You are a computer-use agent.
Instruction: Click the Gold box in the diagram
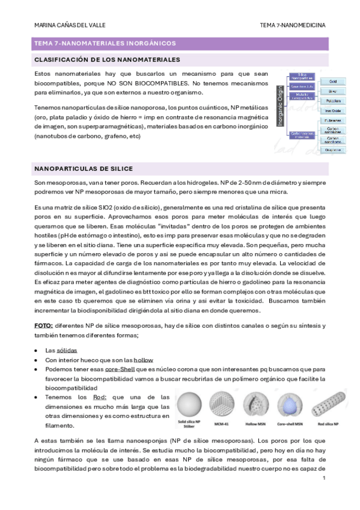pyautogui.click(x=333, y=81)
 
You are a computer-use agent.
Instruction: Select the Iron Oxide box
pyautogui.click(x=333, y=110)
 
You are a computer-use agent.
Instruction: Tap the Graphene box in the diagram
pyautogui.click(x=333, y=149)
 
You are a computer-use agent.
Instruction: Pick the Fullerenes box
pyautogui.click(x=333, y=120)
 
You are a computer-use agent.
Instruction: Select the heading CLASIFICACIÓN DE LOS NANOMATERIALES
pyautogui.click(x=99, y=60)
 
